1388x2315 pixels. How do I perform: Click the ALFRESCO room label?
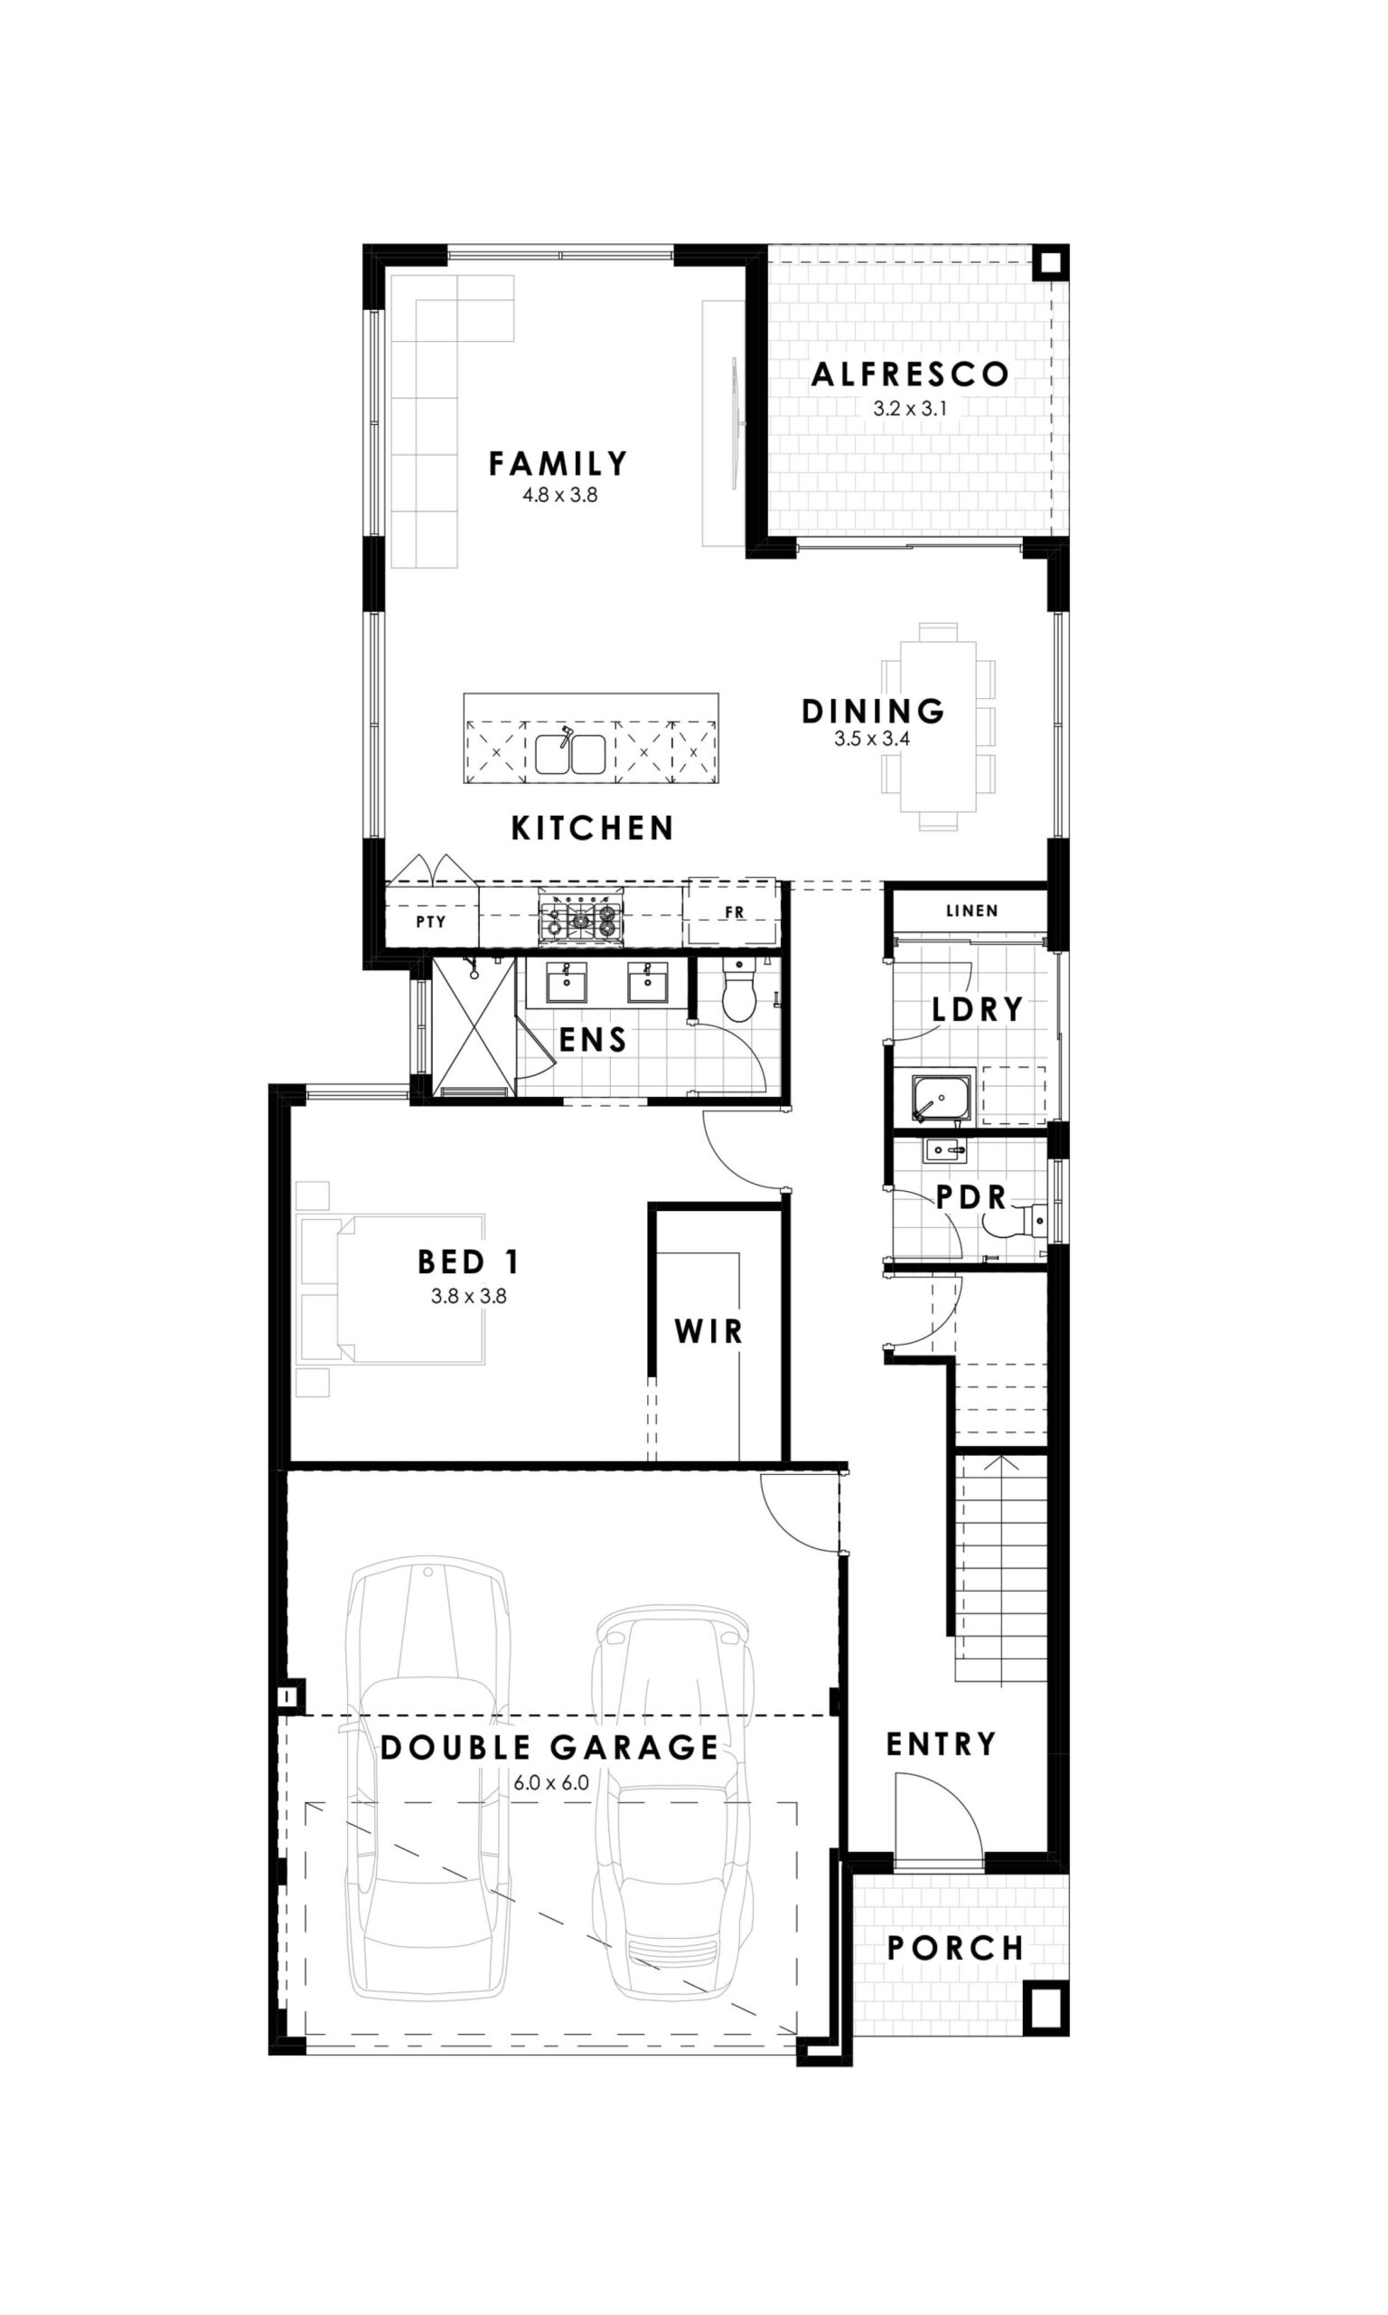pyautogui.click(x=910, y=374)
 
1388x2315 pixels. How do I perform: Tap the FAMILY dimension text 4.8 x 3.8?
pyautogui.click(x=560, y=495)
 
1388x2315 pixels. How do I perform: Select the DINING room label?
pyautogui.click(x=873, y=711)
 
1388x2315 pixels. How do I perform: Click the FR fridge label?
pyautogui.click(x=735, y=912)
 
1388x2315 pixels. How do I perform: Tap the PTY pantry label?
pyautogui.click(x=431, y=921)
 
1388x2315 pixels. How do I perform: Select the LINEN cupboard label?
pyautogui.click(x=971, y=911)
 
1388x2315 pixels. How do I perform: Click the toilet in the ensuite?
pyautogui.click(x=740, y=988)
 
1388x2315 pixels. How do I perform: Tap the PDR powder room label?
pyautogui.click(x=971, y=1196)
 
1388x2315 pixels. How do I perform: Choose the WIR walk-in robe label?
pyautogui.click(x=709, y=1331)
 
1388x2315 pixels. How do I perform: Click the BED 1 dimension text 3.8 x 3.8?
pyautogui.click(x=469, y=1296)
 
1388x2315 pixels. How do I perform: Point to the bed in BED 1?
pyautogui.click(x=391, y=1289)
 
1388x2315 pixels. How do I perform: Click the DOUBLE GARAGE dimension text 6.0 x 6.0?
pyautogui.click(x=551, y=1782)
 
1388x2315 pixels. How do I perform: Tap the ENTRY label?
pyautogui.click(x=941, y=1744)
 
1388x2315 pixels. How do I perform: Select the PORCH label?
pyautogui.click(x=955, y=1948)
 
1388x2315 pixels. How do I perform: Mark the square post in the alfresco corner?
pyautogui.click(x=1050, y=262)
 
